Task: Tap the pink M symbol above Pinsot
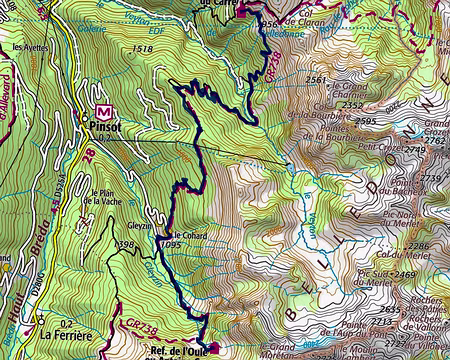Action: pyautogui.click(x=103, y=111)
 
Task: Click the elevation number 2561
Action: pyautogui.click(x=316, y=80)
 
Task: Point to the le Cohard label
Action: pyautogui.click(x=173, y=234)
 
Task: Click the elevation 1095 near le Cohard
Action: pyautogui.click(x=170, y=244)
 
